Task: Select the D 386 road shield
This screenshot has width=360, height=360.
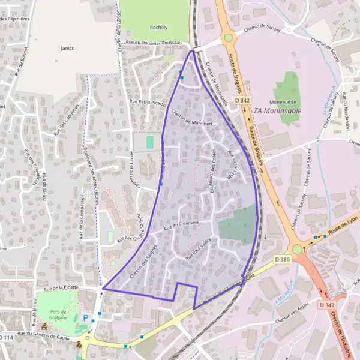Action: pos(282,259)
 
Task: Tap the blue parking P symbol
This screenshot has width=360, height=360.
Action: pos(86,318)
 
